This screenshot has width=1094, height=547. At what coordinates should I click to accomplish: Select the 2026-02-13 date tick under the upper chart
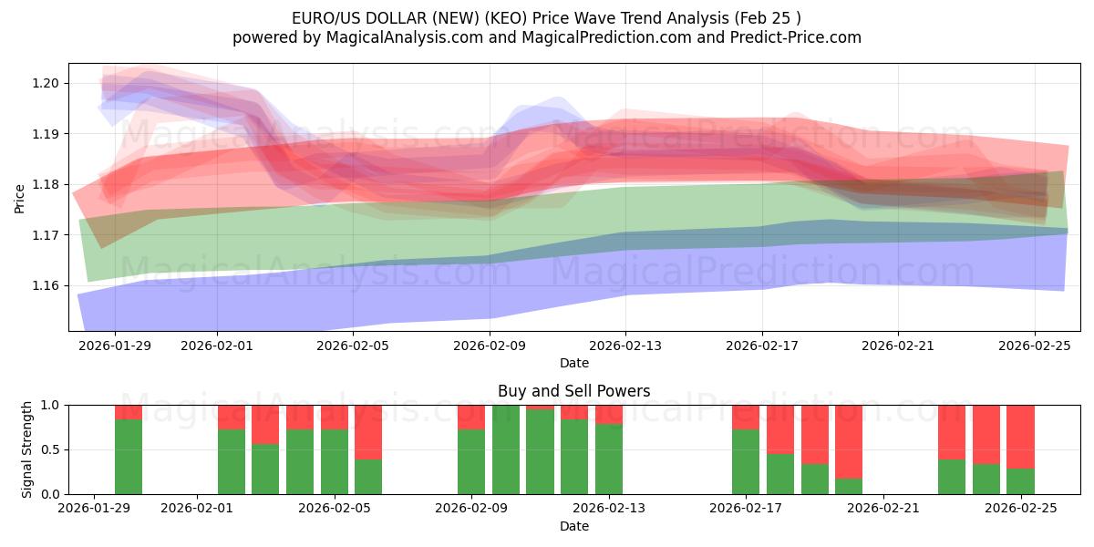[625, 346]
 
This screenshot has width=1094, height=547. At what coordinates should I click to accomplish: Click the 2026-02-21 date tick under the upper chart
[898, 346]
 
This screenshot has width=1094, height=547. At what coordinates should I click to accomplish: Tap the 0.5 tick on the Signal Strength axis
[51, 449]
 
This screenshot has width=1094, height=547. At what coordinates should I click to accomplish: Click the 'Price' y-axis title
[20, 198]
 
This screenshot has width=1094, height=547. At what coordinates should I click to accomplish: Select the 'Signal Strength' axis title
[27, 449]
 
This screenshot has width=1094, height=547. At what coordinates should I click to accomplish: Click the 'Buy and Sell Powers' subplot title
[574, 391]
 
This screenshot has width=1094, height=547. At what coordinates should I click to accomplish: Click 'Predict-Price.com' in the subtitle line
[800, 37]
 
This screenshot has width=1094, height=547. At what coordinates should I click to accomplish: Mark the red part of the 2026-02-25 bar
[1020, 437]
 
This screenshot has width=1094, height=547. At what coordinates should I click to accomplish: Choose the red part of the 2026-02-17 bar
[746, 417]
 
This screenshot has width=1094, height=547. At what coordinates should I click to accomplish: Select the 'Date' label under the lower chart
[574, 526]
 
